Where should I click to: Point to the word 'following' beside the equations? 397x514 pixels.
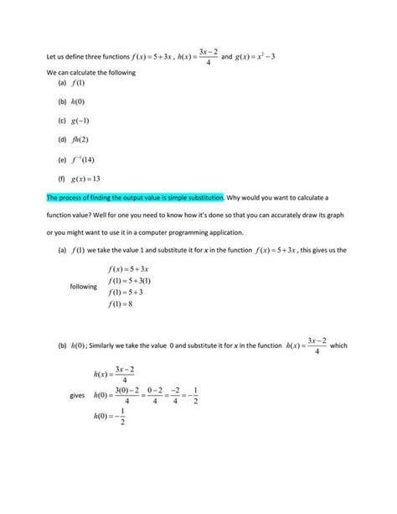(x=84, y=287)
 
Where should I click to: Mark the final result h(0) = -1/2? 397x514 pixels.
(x=112, y=417)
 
